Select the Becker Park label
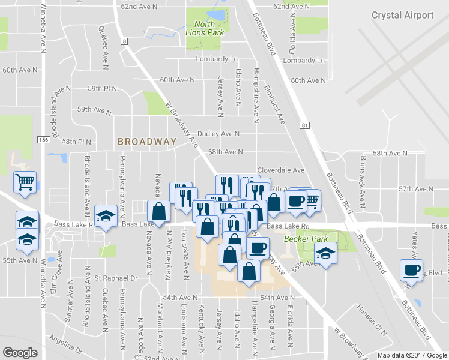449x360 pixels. pos(300,238)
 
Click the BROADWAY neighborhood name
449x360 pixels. pos(147,142)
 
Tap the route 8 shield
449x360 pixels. pos(124,41)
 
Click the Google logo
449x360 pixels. pos(20,353)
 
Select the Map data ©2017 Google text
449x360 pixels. pos(412,355)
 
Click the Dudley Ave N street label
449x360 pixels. pos(218,134)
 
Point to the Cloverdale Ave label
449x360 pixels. pos(281,170)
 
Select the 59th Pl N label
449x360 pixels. pos(102,89)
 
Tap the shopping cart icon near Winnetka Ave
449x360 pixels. pos(25,182)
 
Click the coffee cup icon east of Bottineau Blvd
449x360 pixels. pos(412,269)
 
